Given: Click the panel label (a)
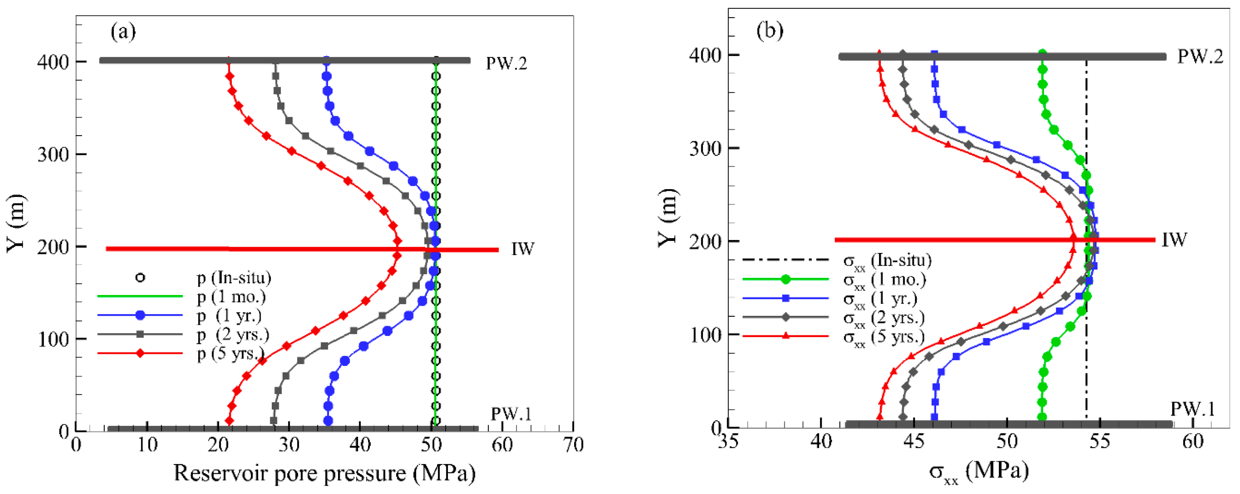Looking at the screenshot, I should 123,32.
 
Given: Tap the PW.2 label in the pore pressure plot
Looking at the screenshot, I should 507,63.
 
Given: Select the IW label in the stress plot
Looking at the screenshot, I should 1174,240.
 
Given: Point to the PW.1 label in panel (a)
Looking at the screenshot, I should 511,414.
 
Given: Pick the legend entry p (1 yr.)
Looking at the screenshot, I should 229,316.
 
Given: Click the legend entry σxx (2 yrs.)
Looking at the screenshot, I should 884,318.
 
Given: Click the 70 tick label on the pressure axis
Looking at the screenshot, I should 573,444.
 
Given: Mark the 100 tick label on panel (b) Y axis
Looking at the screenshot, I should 705,335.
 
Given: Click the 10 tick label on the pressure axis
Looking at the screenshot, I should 147,444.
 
